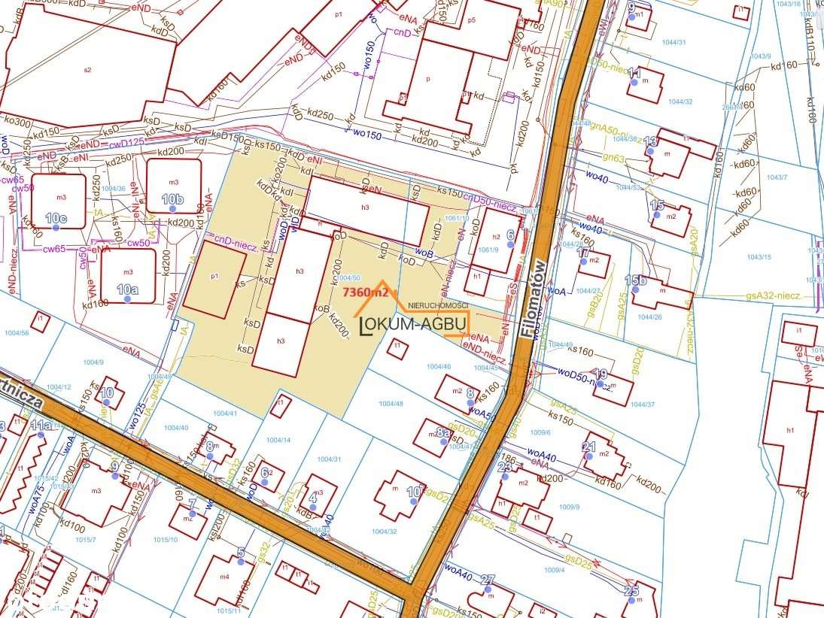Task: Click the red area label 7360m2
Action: point(365,292)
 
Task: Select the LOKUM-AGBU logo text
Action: point(415,324)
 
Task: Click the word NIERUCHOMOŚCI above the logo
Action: point(437,305)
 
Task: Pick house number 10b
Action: point(172,199)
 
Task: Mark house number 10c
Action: point(56,218)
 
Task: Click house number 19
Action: point(601,374)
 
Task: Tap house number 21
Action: point(589,447)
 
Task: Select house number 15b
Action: point(635,280)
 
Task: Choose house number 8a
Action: point(442,433)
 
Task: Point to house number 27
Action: point(488,580)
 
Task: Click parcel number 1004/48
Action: point(391,404)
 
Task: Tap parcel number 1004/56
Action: point(17,332)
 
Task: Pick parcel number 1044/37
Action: point(643,404)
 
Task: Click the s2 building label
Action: point(87,70)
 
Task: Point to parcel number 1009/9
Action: point(568,507)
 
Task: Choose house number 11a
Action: point(41,426)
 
